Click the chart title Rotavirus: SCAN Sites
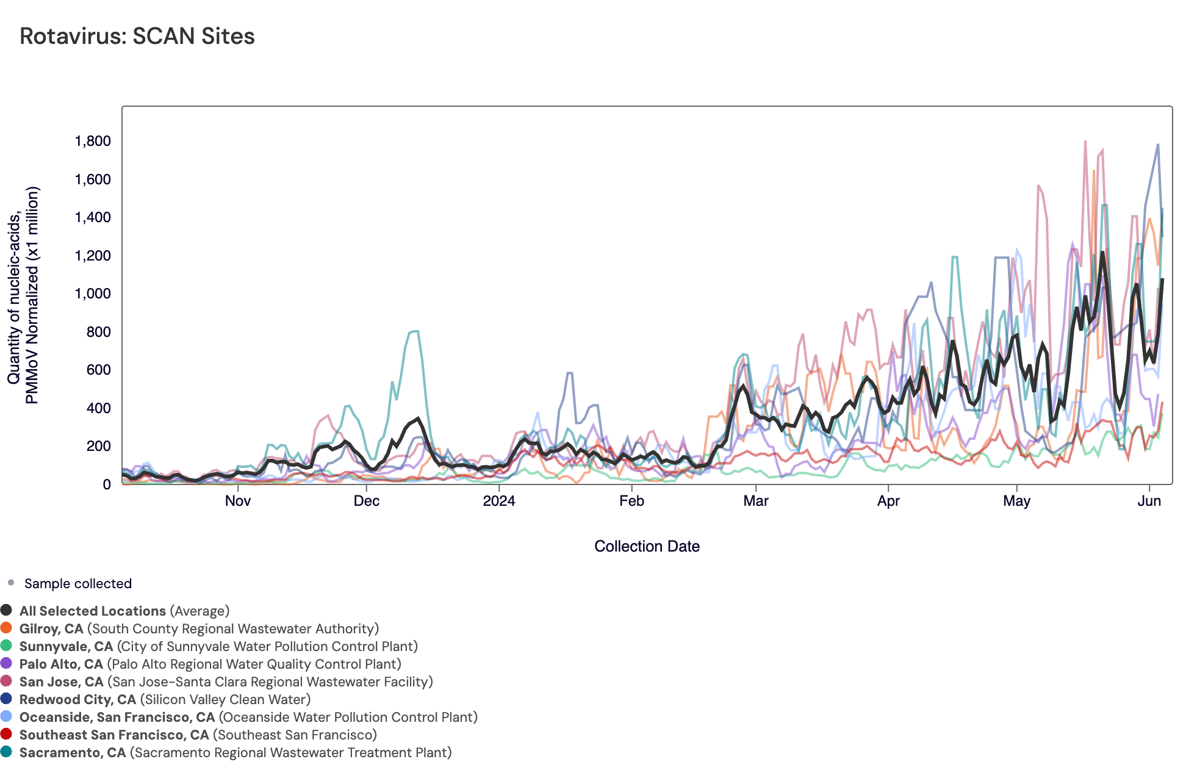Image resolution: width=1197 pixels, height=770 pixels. click(x=137, y=37)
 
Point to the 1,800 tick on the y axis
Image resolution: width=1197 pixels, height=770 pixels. click(x=93, y=142)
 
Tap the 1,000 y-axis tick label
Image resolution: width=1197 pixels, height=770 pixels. click(x=93, y=294)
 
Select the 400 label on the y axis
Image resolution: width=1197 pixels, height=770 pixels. click(x=99, y=408)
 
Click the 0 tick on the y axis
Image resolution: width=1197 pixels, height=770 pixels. click(x=107, y=484)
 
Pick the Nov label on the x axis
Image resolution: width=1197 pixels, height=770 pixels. click(x=237, y=502)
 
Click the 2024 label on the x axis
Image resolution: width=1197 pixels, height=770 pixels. click(x=498, y=502)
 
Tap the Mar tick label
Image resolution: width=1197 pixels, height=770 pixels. click(x=755, y=502)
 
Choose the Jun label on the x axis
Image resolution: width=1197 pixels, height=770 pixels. click(x=1149, y=502)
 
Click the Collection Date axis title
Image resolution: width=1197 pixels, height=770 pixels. click(x=647, y=547)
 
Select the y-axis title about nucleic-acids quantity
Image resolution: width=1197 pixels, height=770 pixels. click(x=23, y=295)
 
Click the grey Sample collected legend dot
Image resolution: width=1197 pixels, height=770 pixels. click(x=11, y=583)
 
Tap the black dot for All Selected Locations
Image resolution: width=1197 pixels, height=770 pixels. click(x=7, y=610)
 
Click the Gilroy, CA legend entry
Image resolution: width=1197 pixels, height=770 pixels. click(x=51, y=629)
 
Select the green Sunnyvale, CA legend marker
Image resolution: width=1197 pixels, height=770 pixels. click(x=7, y=646)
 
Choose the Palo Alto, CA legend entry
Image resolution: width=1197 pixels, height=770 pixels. click(x=61, y=664)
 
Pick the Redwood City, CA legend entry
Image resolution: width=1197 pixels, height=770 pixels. click(x=77, y=700)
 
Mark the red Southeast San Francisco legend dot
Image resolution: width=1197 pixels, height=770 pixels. click(x=7, y=734)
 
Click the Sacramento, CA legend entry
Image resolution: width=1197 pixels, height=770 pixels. click(x=73, y=753)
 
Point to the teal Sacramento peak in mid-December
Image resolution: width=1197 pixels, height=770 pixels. click(x=415, y=331)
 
